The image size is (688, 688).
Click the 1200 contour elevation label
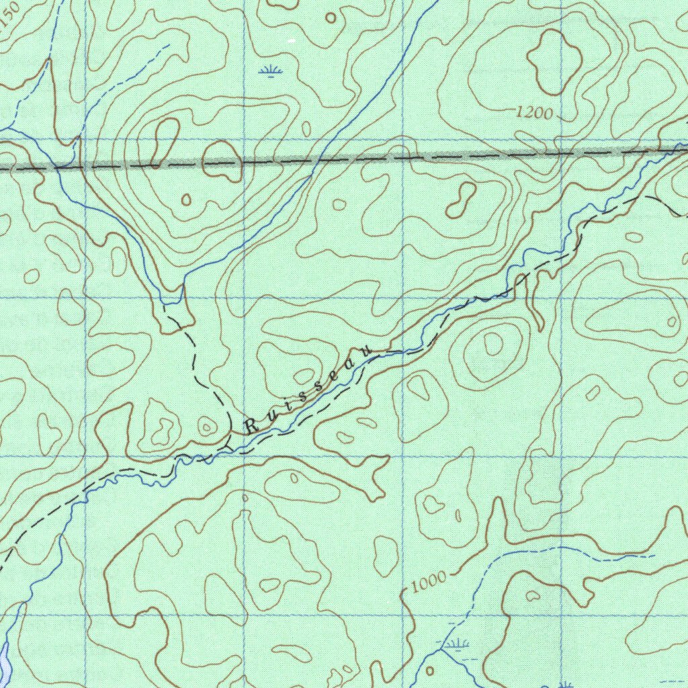coord(534,114)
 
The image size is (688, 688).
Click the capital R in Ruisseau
coord(251,426)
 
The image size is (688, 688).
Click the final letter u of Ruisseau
coord(366,350)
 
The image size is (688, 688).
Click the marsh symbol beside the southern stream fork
coord(456,645)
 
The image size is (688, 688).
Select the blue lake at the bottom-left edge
coord(3,658)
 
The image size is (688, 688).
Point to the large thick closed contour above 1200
coord(554,62)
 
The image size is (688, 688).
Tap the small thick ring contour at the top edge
coord(331,17)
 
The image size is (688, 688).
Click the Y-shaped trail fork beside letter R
coord(227,445)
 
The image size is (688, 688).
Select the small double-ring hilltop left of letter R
coord(207,426)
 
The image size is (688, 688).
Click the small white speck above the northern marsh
coord(291,42)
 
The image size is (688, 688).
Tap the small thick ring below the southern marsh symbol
coord(430,671)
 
